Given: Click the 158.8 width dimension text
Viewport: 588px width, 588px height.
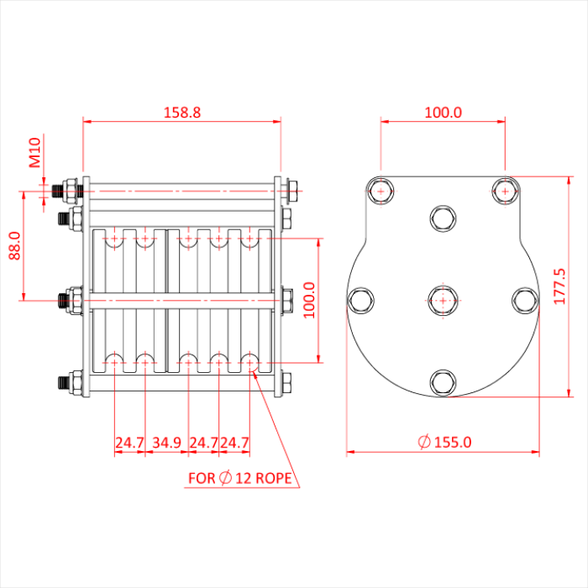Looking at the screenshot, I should [x=181, y=112].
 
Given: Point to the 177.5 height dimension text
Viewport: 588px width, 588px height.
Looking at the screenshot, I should [x=559, y=286].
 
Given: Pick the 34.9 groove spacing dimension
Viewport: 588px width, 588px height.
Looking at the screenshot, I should [x=167, y=442].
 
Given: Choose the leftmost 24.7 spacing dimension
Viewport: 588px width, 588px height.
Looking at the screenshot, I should [x=129, y=442].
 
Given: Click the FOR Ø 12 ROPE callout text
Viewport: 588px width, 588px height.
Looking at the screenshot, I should [x=240, y=479].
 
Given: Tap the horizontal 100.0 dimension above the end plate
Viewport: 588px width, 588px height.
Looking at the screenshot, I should [x=443, y=112].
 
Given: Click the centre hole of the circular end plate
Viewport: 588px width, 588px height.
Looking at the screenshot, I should [x=443, y=300].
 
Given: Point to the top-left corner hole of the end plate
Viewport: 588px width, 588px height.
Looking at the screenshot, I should [x=381, y=191].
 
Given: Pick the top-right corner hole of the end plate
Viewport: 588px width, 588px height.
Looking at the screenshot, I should [x=504, y=191].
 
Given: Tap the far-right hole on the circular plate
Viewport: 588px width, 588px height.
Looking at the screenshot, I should [x=524, y=300].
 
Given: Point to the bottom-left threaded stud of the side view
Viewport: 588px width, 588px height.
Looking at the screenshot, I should [x=64, y=383].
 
